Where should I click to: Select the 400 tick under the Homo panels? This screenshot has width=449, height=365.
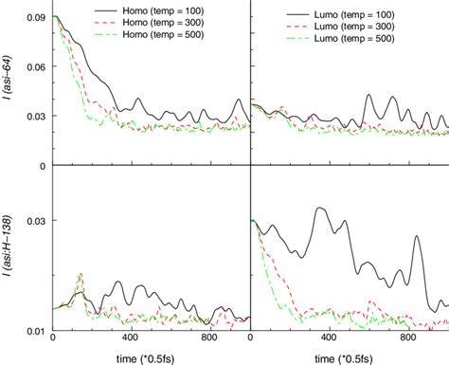[x=131, y=339]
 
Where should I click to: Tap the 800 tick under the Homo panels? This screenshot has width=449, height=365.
[x=210, y=339]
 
